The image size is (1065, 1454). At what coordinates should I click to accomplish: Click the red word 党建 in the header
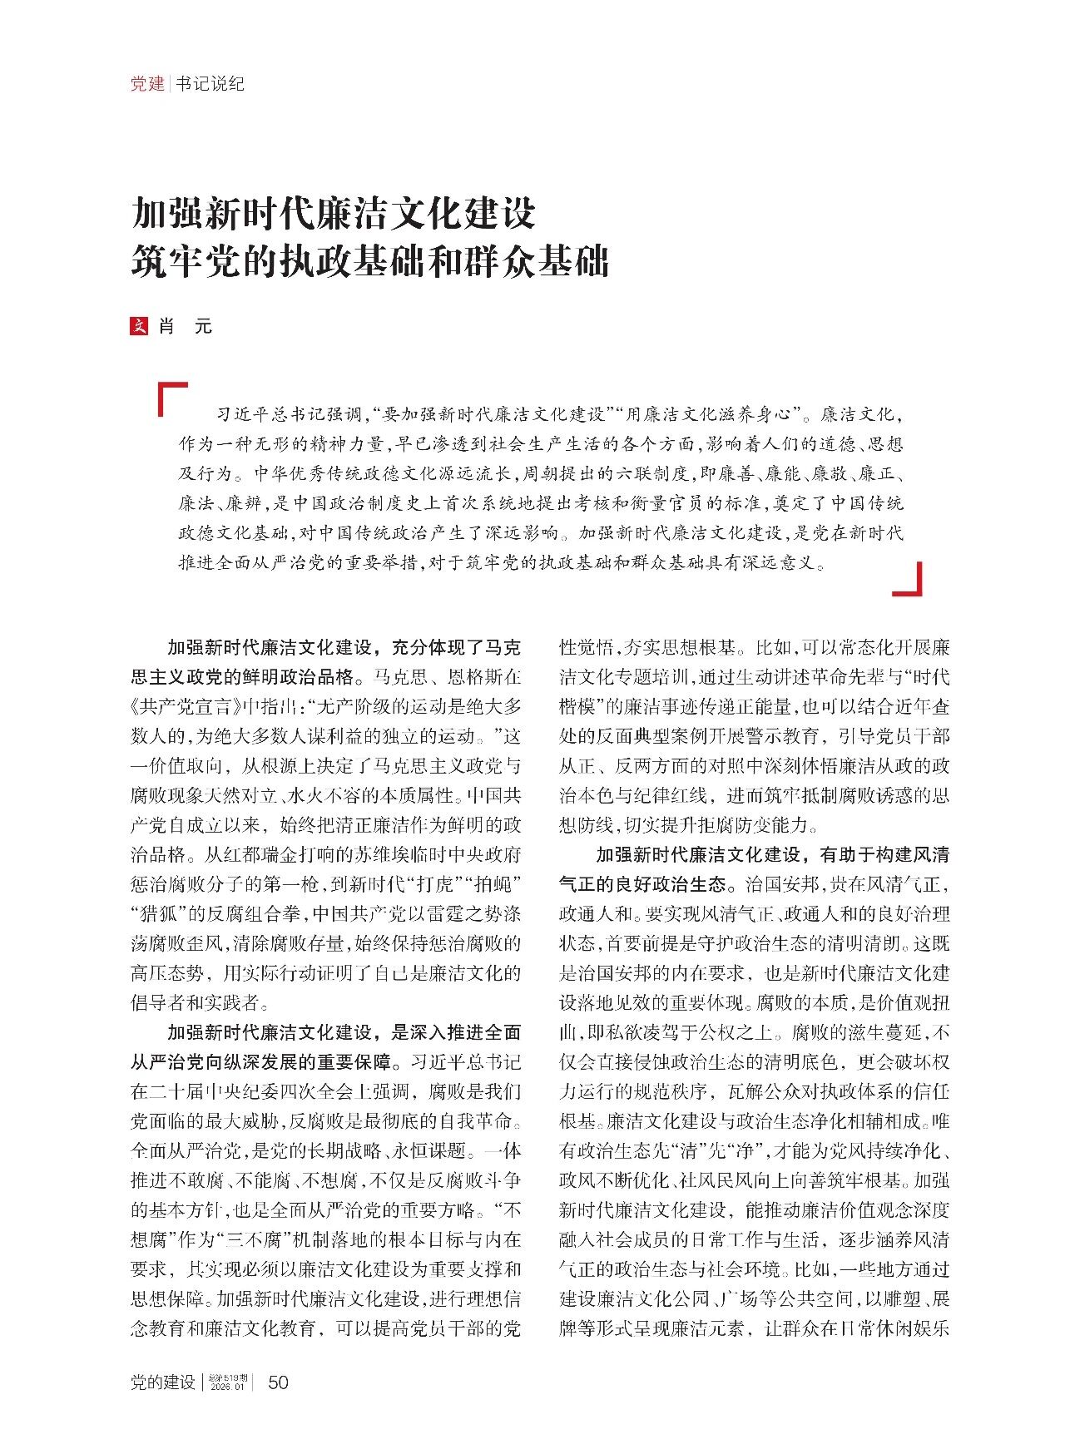click(147, 83)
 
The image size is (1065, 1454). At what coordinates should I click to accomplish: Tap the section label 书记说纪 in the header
click(210, 83)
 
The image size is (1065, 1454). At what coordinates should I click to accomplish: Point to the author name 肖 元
click(186, 326)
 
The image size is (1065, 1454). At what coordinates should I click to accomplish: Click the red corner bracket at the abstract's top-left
click(172, 398)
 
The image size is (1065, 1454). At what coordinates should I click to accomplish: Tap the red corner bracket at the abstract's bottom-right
click(908, 580)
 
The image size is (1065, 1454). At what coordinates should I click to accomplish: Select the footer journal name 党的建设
click(163, 1382)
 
